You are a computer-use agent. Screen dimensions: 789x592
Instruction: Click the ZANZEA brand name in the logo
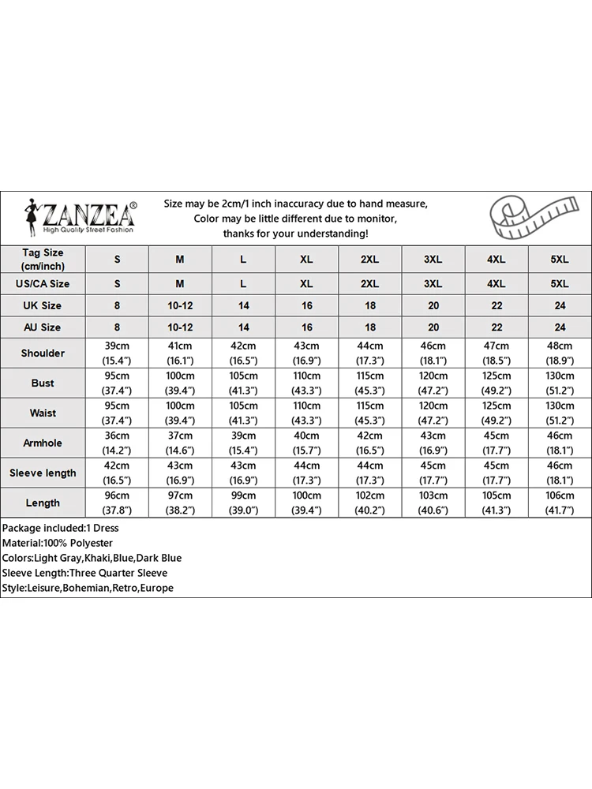click(x=88, y=215)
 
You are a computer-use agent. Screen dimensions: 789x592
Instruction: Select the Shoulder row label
click(x=43, y=353)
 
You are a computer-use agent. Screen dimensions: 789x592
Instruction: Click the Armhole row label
click(x=43, y=443)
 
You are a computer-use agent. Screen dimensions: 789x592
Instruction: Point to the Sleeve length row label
click(x=43, y=473)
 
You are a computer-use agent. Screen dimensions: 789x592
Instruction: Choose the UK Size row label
click(x=43, y=305)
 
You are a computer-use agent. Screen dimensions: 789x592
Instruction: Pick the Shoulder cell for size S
click(x=117, y=353)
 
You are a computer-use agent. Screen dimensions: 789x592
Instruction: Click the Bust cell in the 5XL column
click(x=559, y=383)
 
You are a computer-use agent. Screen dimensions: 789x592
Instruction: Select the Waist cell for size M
click(x=180, y=413)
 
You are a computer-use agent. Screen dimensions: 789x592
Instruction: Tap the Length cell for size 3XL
click(x=433, y=503)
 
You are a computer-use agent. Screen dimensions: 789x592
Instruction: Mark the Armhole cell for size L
click(x=243, y=443)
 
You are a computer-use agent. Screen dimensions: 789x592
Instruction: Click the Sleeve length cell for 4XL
click(x=496, y=473)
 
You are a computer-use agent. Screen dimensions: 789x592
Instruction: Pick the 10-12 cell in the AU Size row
click(x=180, y=327)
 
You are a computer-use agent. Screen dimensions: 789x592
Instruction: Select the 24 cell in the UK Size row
click(x=559, y=305)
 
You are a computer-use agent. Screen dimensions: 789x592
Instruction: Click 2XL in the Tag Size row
click(x=369, y=259)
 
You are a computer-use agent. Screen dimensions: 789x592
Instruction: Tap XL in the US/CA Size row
click(x=306, y=283)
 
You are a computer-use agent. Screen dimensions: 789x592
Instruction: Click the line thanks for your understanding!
click(x=295, y=234)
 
